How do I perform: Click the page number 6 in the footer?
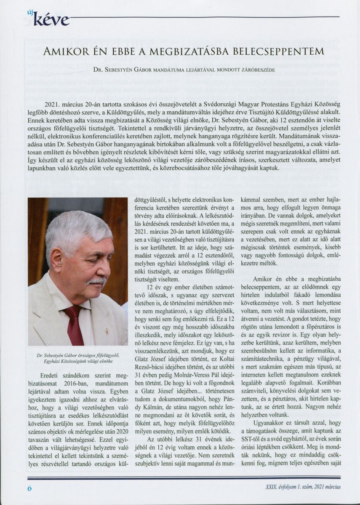click(29, 488)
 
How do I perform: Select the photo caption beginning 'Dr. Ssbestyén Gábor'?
click(77, 358)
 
